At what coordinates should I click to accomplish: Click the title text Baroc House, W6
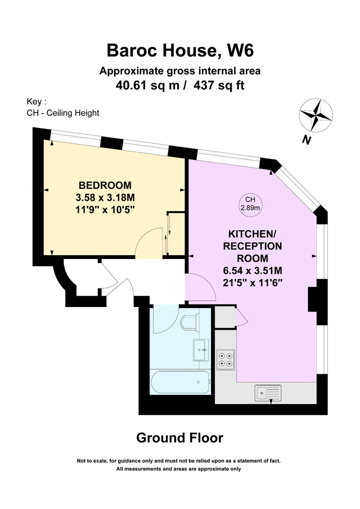pos(180,51)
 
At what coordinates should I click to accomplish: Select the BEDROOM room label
pos(105,185)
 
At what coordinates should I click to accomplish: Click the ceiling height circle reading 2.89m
pos(250,204)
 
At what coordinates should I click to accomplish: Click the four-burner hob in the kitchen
pos(226,359)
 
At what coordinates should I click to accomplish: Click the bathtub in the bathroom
pos(181,383)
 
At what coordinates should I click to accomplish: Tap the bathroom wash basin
pos(200,350)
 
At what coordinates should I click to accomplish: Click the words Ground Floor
pos(179,437)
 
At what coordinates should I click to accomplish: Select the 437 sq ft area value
pos(221,85)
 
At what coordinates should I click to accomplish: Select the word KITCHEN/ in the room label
pos(255,234)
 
